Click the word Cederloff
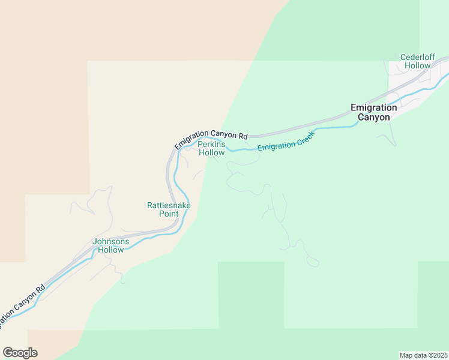point(418,57)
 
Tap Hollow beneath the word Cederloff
point(418,65)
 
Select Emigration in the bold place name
point(373,108)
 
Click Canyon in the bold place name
point(373,117)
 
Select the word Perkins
point(211,145)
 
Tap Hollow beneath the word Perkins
point(211,153)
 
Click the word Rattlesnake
point(169,205)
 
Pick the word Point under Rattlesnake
point(169,214)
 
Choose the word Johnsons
point(111,242)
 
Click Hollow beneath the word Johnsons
point(111,250)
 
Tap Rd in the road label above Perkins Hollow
point(243,137)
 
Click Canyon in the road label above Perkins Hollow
point(223,134)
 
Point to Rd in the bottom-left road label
point(41,289)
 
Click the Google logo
point(20,353)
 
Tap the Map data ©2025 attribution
point(423,355)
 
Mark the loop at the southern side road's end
point(312,262)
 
